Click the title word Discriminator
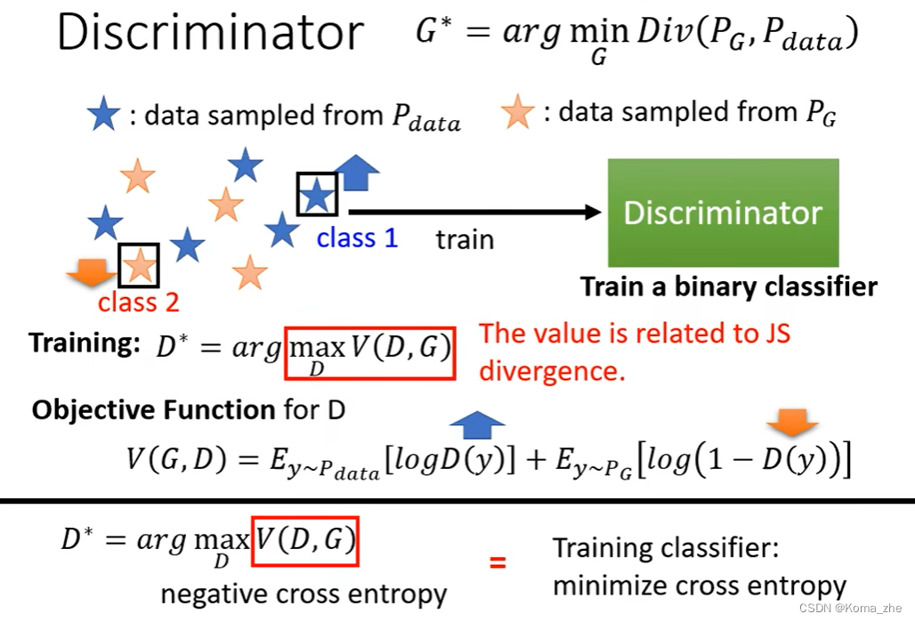(x=210, y=33)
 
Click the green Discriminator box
(x=723, y=213)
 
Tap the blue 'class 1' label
(x=357, y=238)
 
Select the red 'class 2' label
(x=139, y=303)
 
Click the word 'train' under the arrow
(x=465, y=239)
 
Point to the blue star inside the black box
(x=317, y=195)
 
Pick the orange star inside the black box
(x=139, y=264)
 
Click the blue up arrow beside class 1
(x=356, y=173)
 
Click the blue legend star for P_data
(x=103, y=115)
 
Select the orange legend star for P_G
(x=517, y=113)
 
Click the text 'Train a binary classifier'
(x=728, y=287)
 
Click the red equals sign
(x=498, y=561)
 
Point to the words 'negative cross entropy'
(x=304, y=594)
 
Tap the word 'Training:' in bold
(x=85, y=343)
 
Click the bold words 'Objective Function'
(x=153, y=409)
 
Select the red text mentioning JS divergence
(x=635, y=351)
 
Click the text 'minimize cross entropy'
(x=700, y=586)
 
